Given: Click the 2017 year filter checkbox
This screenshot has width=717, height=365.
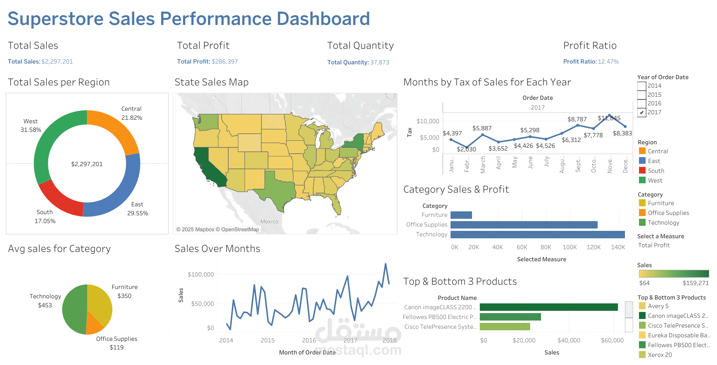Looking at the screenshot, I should [x=642, y=112].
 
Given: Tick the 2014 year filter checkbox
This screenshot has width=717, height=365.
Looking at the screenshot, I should [x=642, y=86].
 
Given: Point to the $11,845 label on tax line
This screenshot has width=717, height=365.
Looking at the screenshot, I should [x=609, y=118].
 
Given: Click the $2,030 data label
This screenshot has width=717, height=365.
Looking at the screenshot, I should [x=466, y=149].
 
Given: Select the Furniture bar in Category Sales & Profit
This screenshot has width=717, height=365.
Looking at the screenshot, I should [x=461, y=215].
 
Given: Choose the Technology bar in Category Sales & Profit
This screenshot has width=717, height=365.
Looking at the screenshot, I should [x=538, y=234].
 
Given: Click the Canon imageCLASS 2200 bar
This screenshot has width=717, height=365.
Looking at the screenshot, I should [x=548, y=307].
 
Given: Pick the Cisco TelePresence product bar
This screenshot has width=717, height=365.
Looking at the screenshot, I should [x=505, y=327].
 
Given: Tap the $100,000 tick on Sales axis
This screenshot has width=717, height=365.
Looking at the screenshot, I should [x=201, y=275].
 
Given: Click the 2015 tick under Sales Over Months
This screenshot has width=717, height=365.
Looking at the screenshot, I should [x=268, y=340].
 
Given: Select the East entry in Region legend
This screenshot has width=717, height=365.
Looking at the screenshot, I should [x=654, y=161].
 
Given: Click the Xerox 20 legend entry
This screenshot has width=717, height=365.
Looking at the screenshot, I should [x=660, y=355].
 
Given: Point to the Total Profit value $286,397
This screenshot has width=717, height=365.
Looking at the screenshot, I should [x=224, y=62].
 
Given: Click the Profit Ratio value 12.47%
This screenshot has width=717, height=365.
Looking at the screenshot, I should [x=608, y=62].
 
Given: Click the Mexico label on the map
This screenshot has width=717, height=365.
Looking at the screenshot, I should [x=269, y=221].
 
